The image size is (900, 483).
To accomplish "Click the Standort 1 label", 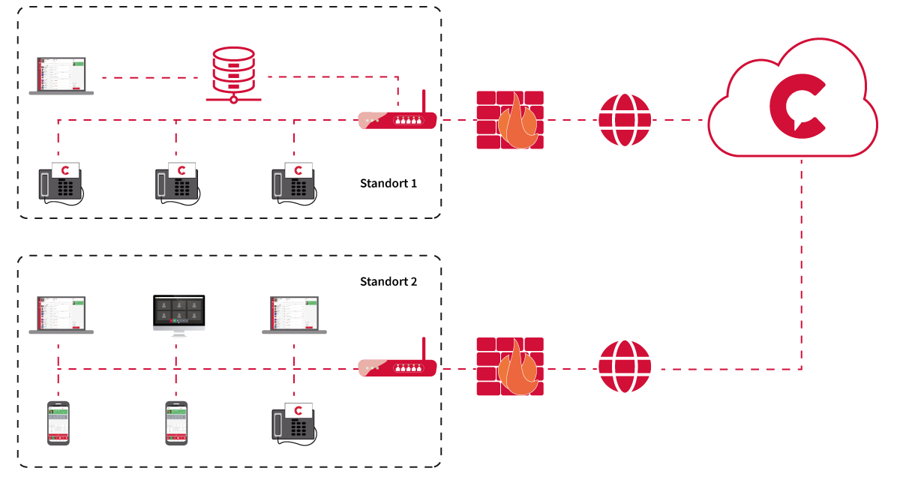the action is pos(388,184).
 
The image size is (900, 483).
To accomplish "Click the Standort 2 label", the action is pos(388,282).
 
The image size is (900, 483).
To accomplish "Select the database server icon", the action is pos(234,75).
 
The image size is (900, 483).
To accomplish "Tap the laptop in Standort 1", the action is pos(61,76).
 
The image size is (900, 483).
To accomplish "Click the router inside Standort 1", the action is pos(397,120).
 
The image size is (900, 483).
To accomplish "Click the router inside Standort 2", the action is pos(397,367).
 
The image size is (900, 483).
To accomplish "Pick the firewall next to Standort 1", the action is pos(510,120).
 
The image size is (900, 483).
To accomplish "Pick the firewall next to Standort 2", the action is pos(510,367).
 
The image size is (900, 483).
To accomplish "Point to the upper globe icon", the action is pos(625,120).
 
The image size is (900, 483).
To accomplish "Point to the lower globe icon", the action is pos(625,367).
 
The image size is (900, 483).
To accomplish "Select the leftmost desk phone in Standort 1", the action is pos(61,184).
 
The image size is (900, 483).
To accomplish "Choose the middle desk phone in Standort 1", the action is pos(178,184).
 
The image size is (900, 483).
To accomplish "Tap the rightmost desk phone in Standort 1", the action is pos(294,184).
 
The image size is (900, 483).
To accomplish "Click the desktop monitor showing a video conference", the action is pos(178,316).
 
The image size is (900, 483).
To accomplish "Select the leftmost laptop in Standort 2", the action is pos(61,315).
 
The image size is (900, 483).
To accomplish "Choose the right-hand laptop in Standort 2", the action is pos(294,315).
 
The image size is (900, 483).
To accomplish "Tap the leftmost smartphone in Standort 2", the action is pos(58,423).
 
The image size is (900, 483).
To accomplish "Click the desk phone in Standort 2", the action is pos(294,424).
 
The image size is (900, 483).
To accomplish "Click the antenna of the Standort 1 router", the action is pos(424,101).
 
